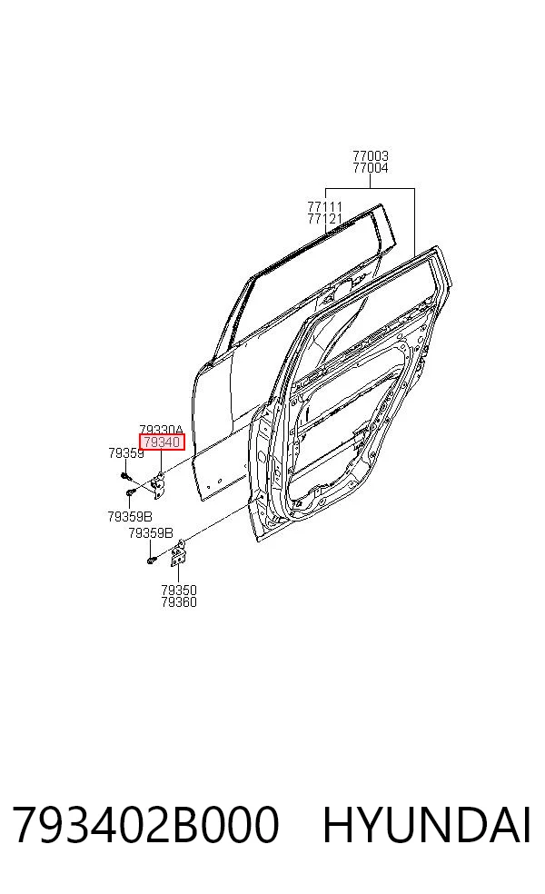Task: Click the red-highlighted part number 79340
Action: pyautogui.click(x=163, y=442)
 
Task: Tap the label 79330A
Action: pyautogui.click(x=162, y=430)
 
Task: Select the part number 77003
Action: pyautogui.click(x=371, y=155)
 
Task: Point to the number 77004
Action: pyautogui.click(x=371, y=167)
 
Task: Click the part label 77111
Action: pyautogui.click(x=325, y=206)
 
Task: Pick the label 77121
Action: pyautogui.click(x=325, y=218)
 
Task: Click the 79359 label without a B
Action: pyautogui.click(x=126, y=453)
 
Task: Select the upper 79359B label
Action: pyautogui.click(x=130, y=517)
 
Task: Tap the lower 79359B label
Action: pyautogui.click(x=151, y=533)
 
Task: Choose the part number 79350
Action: pyautogui.click(x=179, y=591)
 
